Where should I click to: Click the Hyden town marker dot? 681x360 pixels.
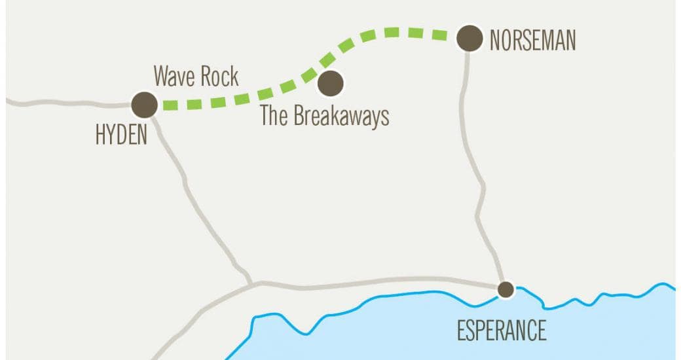(x=144, y=104)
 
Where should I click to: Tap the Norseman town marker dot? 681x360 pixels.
(x=469, y=38)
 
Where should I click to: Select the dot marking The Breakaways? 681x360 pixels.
(x=330, y=83)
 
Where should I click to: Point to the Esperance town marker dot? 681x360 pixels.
(x=505, y=289)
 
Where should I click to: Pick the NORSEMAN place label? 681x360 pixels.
(x=533, y=41)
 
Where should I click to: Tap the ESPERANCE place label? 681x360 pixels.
(x=501, y=330)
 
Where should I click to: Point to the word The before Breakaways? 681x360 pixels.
(x=275, y=116)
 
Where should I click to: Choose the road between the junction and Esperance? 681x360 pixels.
(x=380, y=281)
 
